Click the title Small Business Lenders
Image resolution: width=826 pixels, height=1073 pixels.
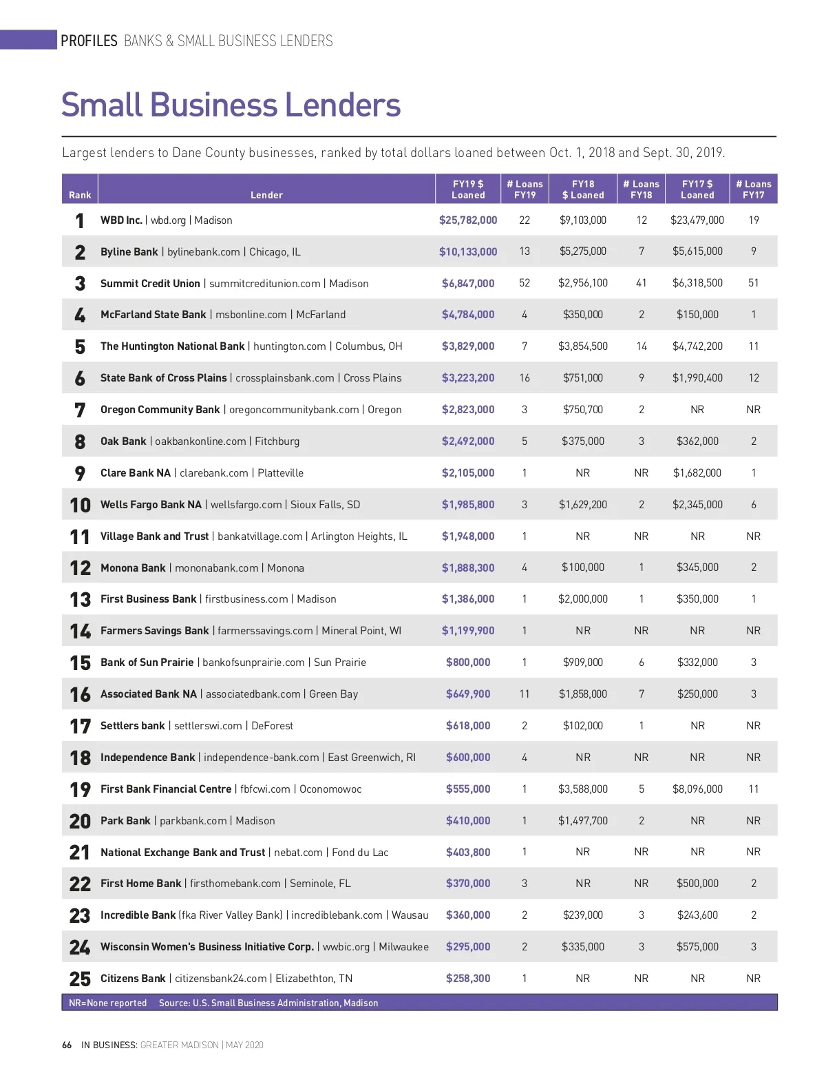(231, 105)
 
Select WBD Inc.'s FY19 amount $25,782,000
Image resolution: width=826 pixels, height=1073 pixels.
(468, 220)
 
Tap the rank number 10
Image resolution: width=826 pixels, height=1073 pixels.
(80, 505)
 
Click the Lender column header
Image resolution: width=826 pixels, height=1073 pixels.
(266, 195)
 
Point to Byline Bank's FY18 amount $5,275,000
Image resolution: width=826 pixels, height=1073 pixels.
(583, 251)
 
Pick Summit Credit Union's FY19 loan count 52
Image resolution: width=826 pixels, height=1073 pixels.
(525, 283)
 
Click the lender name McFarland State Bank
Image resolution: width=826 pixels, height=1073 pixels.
(153, 315)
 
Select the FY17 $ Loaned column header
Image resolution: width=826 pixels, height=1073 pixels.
(697, 189)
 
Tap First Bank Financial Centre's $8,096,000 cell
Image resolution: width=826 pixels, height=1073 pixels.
(697, 789)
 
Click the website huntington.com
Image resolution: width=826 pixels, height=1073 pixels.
(289, 346)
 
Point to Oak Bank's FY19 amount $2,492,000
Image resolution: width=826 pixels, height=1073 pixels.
(468, 441)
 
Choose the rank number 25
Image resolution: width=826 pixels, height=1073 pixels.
(80, 979)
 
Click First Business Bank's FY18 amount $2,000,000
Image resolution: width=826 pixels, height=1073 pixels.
(583, 599)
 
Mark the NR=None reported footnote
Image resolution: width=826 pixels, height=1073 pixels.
(108, 1003)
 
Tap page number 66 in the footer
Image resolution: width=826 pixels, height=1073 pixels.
(67, 1045)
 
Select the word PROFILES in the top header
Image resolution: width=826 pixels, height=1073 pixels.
(89, 41)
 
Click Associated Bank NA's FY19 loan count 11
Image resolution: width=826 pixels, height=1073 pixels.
(525, 694)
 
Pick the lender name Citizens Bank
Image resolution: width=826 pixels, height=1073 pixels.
(133, 979)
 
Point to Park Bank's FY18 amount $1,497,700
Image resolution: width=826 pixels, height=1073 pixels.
(583, 821)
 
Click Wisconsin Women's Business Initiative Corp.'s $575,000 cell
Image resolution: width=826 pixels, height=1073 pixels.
(697, 947)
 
